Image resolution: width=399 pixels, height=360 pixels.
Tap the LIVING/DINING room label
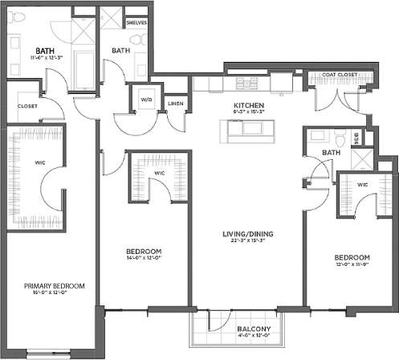(249, 234)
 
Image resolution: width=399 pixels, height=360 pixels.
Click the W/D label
(146, 100)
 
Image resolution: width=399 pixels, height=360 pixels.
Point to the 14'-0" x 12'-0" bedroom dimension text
(145, 259)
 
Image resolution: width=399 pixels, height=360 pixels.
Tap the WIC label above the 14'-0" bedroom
(159, 172)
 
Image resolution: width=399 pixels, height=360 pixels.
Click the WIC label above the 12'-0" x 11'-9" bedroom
(363, 185)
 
